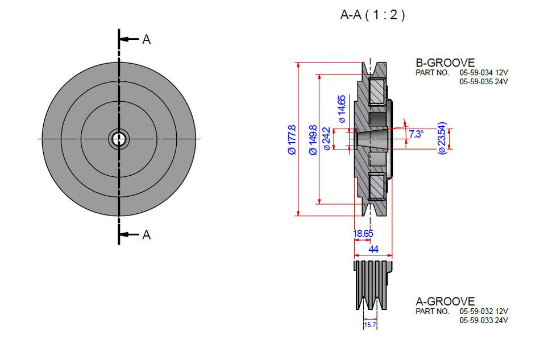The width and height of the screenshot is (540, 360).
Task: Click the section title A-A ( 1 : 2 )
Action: (372, 15)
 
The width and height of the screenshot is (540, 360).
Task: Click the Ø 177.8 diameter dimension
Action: (292, 140)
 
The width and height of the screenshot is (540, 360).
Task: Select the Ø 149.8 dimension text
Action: (312, 140)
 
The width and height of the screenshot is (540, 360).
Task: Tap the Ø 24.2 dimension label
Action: (326, 139)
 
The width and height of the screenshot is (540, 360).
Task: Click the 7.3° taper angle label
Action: (416, 134)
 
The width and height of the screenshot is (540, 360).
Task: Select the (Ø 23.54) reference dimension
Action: (442, 138)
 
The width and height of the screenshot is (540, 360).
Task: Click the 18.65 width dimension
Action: (363, 233)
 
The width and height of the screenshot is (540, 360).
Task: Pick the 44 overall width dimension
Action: (373, 249)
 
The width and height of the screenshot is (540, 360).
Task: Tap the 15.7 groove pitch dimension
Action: (370, 325)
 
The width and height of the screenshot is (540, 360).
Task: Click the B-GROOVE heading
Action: (445, 63)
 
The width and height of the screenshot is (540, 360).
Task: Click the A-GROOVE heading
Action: (445, 301)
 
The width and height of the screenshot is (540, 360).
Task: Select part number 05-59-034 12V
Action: (483, 73)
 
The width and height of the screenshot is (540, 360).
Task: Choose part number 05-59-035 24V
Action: (483, 81)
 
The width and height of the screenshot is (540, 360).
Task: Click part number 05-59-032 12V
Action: (483, 312)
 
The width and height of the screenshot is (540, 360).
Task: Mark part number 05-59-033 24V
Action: (483, 320)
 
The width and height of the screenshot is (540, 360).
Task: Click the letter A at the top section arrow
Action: (146, 39)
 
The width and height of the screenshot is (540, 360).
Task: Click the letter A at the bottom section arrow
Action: (146, 234)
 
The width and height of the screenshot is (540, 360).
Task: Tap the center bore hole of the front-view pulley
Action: (119, 138)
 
